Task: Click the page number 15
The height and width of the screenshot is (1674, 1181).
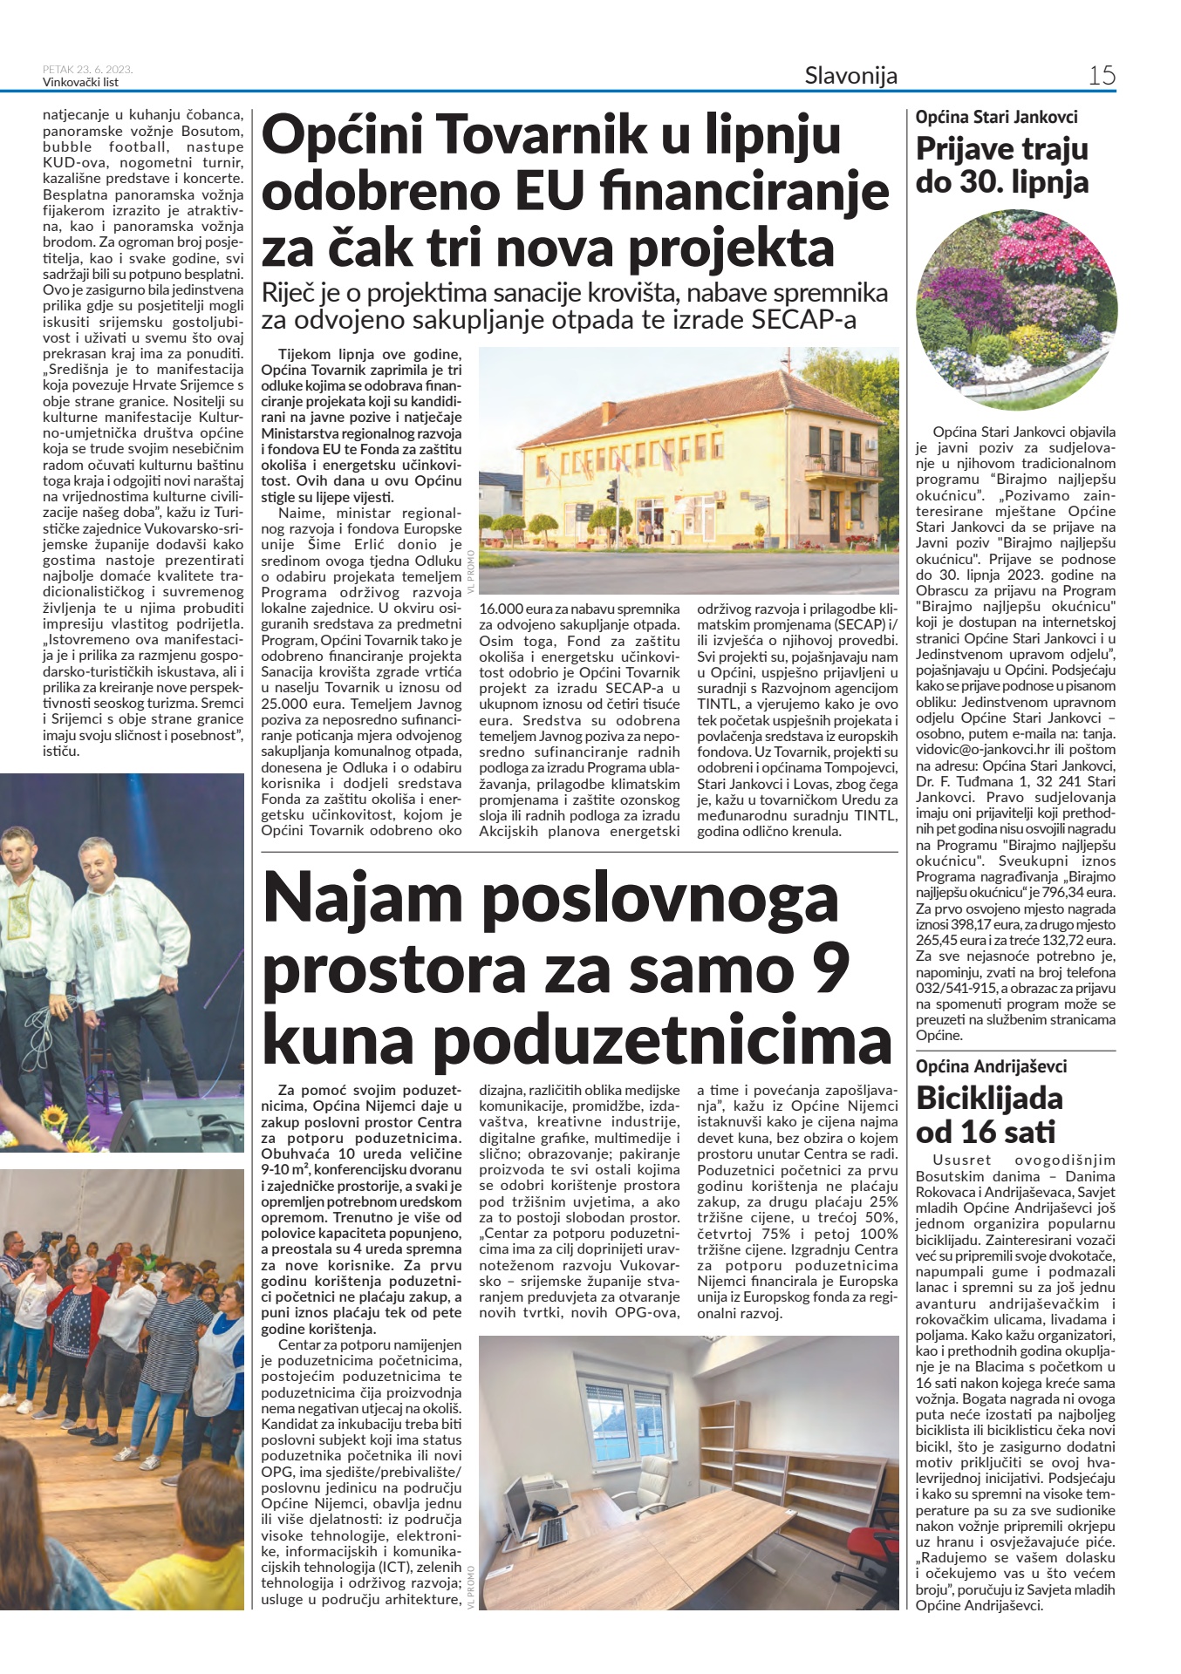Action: (x=1102, y=76)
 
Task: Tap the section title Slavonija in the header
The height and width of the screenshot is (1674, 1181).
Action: (x=850, y=76)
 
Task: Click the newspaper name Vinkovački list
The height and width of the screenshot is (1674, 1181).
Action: (x=80, y=83)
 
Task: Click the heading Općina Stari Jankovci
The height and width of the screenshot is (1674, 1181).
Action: (x=996, y=117)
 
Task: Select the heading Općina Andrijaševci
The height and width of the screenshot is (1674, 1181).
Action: (x=991, y=1066)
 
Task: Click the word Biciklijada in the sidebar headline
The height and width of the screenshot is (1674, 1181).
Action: (x=989, y=1099)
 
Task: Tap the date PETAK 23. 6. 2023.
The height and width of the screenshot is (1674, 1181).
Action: (x=87, y=70)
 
